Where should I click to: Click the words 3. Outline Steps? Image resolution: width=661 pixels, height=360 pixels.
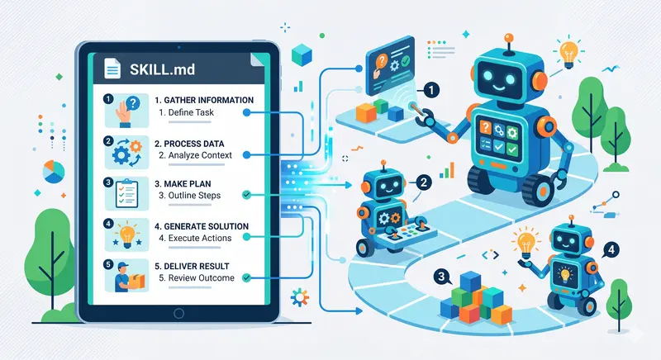tap(195, 195)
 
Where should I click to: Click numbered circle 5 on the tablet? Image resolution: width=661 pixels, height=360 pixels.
tap(107, 266)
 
